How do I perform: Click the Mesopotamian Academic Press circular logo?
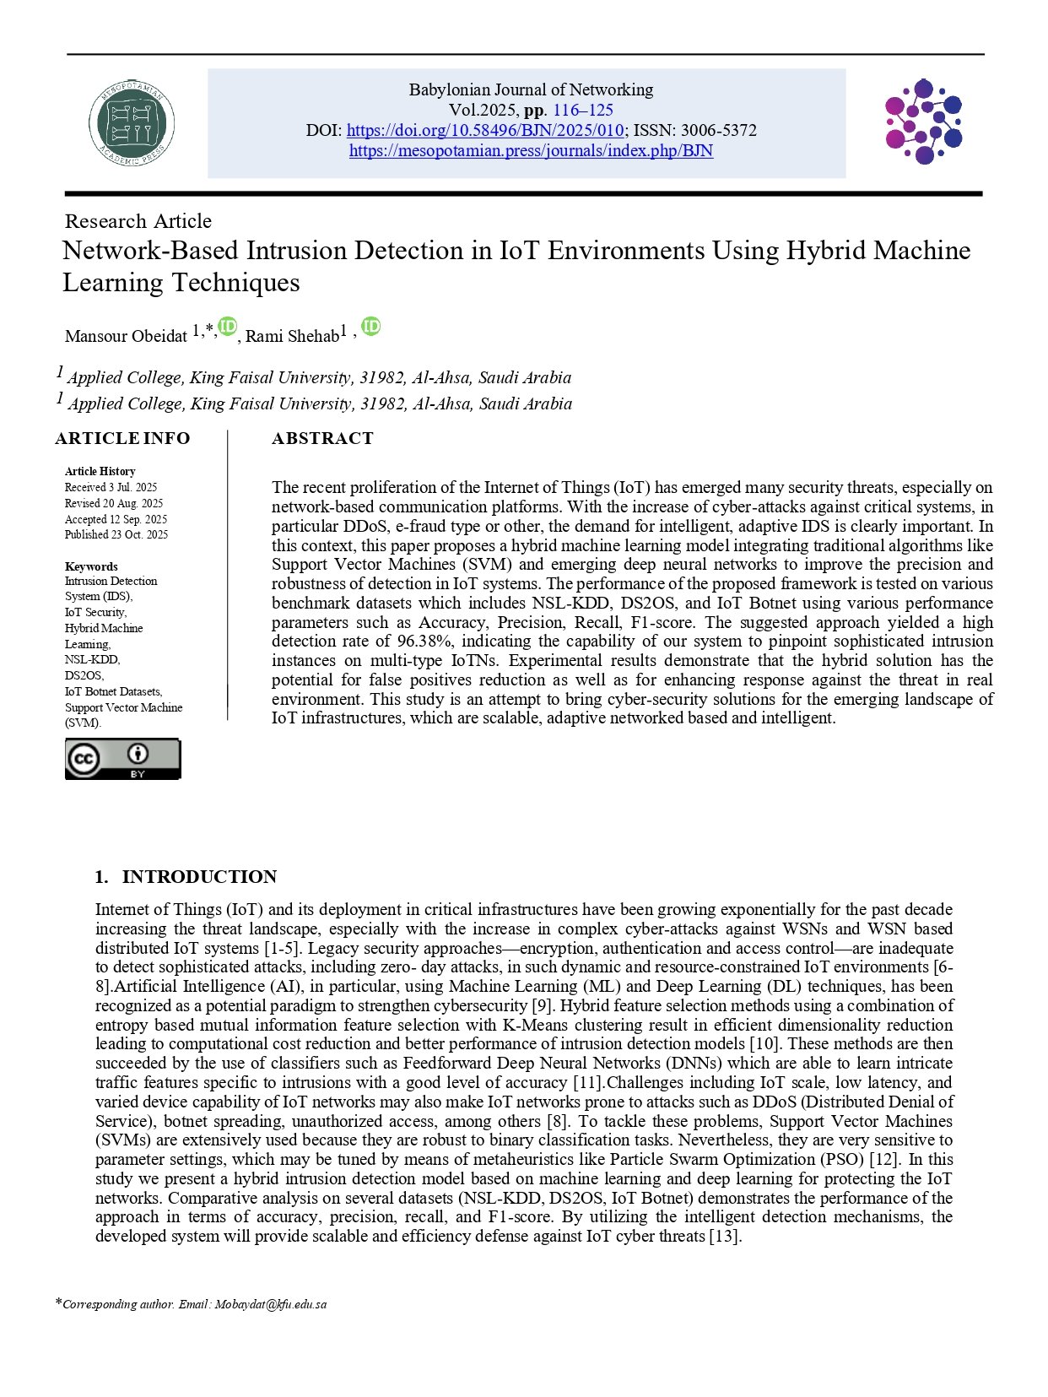click(132, 123)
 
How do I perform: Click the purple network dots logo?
click(923, 122)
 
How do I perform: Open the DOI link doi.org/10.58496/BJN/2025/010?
click(485, 131)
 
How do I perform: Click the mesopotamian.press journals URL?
click(531, 151)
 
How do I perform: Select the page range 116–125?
click(583, 111)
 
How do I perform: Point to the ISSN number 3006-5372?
click(719, 131)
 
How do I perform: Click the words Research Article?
click(138, 221)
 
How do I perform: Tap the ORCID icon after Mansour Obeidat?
click(227, 327)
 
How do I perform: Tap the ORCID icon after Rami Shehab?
click(371, 327)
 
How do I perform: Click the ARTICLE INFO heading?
click(122, 438)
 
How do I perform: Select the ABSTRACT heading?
click(322, 438)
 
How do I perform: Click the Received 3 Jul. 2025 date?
click(111, 487)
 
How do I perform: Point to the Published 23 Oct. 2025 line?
click(116, 534)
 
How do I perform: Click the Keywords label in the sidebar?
click(91, 566)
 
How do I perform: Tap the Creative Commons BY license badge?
click(122, 759)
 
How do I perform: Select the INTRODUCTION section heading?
click(199, 877)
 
